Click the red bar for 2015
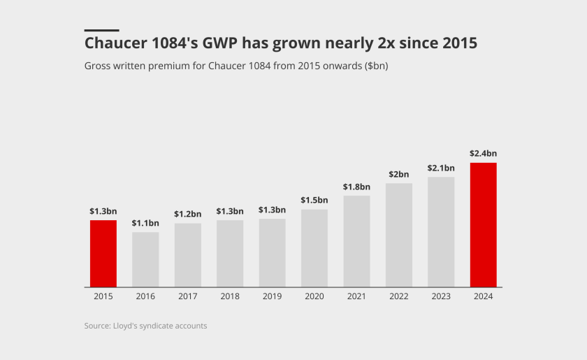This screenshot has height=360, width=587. tap(103, 253)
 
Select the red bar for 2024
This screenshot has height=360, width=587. tap(483, 224)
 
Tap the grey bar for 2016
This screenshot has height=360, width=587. tap(145, 259)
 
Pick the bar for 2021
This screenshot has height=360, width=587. tap(356, 241)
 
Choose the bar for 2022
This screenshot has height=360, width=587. tap(398, 235)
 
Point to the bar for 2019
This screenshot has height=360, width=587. tap(272, 252)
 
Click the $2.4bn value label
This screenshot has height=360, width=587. tap(483, 153)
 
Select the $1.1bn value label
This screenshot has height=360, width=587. tap(145, 223)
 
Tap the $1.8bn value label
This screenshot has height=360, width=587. tap(356, 187)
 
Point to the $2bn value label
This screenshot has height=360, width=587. tap(398, 174)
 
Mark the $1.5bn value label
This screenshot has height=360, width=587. tap(314, 201)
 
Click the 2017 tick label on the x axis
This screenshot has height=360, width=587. tap(187, 296)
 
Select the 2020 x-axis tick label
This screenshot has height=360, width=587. tap(314, 296)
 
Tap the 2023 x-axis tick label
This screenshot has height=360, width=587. tap(441, 296)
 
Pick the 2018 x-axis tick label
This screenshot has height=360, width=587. tap(229, 296)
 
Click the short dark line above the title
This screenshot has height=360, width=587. tap(101, 30)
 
